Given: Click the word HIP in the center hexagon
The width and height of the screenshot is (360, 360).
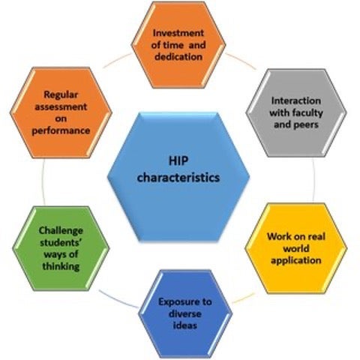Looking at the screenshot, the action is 178,160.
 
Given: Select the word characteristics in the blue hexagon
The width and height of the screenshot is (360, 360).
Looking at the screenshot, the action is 178,178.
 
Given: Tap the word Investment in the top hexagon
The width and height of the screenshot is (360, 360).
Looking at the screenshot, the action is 178,33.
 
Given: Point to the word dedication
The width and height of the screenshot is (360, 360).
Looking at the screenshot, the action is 178,56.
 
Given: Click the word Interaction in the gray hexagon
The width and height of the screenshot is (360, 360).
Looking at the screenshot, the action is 296,100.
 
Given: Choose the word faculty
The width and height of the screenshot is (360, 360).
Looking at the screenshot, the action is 307,113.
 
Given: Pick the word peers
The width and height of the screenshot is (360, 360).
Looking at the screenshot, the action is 306,124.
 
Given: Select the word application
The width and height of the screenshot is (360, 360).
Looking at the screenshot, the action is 296,260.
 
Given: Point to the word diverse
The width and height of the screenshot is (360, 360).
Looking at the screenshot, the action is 185,313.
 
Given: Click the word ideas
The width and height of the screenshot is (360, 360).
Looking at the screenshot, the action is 185,325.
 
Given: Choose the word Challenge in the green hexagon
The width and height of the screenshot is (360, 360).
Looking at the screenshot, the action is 61,230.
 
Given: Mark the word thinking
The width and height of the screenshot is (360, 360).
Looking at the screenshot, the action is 61,266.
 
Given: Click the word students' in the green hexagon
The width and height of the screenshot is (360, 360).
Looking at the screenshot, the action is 61,242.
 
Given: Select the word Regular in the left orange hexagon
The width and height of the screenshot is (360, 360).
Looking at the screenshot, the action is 61,94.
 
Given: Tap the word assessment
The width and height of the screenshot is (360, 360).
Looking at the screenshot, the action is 61,107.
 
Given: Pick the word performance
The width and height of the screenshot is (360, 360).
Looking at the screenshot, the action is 61,130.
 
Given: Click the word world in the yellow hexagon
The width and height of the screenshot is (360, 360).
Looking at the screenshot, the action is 296,248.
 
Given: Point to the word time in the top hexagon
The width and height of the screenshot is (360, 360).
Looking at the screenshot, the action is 173,45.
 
